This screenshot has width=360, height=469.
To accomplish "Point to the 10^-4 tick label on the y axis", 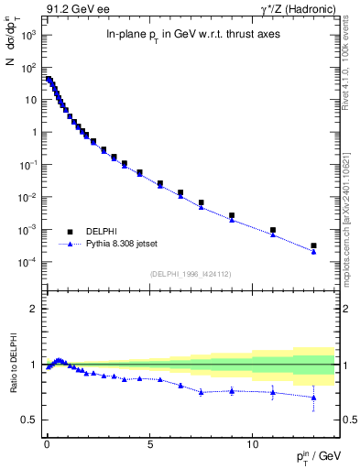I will pyautogui.click(x=27, y=262).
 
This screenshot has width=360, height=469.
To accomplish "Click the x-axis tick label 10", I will pyautogui.click(x=253, y=441).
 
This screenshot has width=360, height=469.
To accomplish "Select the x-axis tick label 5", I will pyautogui.click(x=149, y=441).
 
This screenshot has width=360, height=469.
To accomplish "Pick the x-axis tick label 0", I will pyautogui.click(x=47, y=441).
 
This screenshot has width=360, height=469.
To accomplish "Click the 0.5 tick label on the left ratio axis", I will pyautogui.click(x=27, y=420).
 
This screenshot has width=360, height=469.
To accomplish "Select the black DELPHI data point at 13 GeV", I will pyautogui.click(x=314, y=245).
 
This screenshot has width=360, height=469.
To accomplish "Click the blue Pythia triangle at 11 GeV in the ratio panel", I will pyautogui.click(x=273, y=392).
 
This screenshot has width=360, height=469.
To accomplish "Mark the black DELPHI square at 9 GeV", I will pyautogui.click(x=232, y=215).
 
